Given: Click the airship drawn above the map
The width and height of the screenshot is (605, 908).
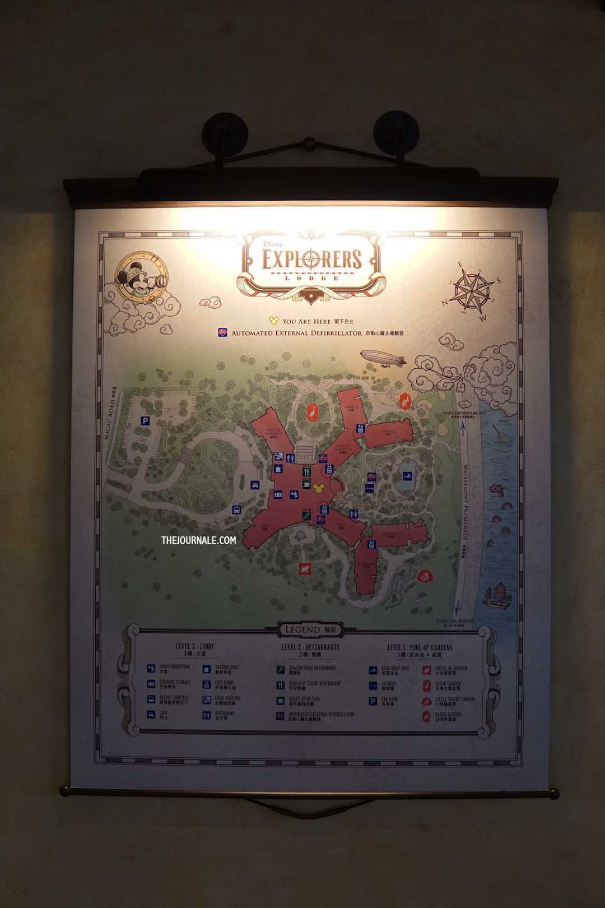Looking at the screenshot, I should [383, 358].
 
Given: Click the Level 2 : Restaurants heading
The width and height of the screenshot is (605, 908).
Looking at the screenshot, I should [310, 648].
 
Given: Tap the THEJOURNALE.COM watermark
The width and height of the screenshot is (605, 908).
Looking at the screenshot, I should [198, 540].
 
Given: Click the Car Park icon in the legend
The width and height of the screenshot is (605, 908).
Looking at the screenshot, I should [373, 701].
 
